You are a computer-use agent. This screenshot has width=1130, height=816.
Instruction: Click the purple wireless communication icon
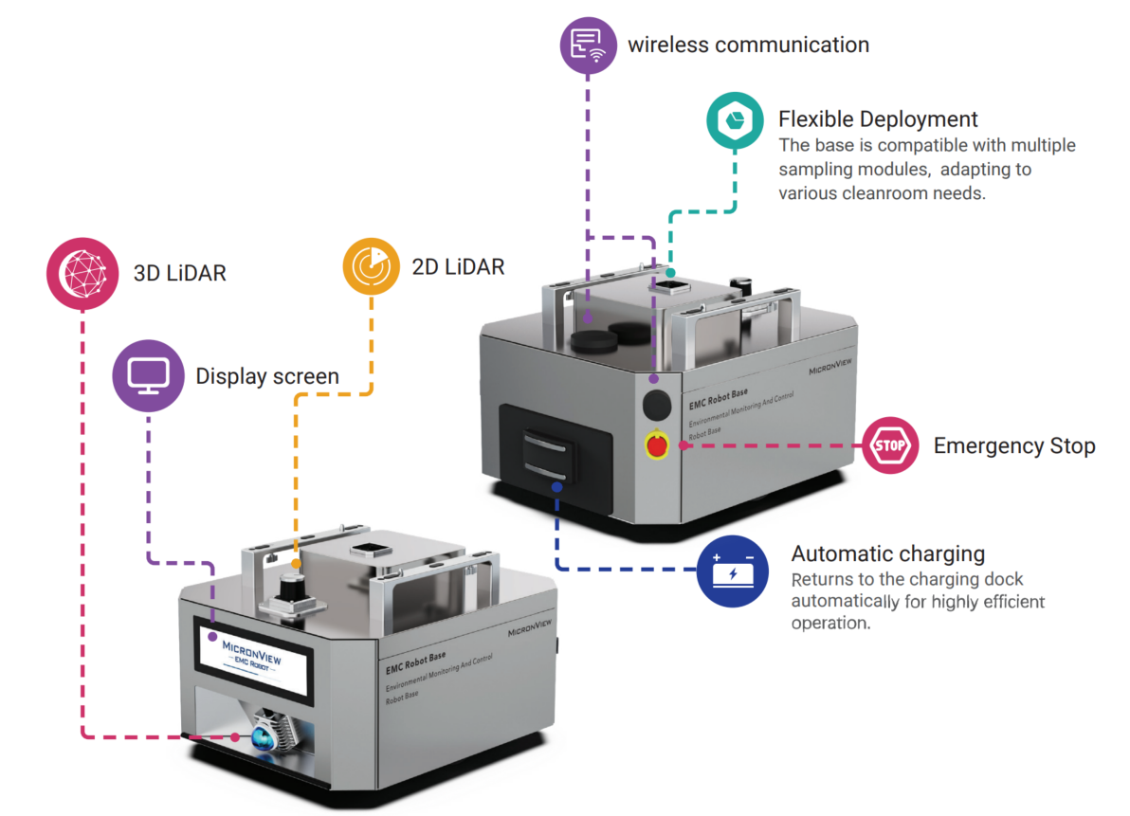(588, 45)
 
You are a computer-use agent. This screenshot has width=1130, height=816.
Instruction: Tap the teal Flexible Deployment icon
(735, 120)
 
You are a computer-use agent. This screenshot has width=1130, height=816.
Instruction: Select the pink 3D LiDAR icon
(82, 274)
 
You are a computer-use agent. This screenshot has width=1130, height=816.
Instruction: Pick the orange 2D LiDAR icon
(372, 266)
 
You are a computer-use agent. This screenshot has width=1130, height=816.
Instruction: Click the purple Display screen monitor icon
(149, 376)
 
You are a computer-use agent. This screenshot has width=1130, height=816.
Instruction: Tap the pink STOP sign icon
(890, 445)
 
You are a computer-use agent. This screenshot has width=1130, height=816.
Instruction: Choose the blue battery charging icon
(733, 571)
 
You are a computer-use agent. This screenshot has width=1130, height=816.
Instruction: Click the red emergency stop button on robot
(657, 445)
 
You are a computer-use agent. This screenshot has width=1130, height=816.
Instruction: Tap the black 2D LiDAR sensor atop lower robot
(292, 589)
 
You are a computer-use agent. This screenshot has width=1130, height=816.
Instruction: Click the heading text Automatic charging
(888, 553)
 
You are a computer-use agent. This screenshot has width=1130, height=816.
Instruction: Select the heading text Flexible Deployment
(878, 118)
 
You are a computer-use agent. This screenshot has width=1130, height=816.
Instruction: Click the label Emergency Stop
(1014, 445)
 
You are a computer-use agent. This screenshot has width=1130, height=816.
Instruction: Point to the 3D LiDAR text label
(179, 274)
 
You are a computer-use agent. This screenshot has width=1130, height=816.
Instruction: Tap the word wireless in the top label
(668, 45)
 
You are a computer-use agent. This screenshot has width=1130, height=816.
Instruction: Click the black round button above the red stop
(657, 404)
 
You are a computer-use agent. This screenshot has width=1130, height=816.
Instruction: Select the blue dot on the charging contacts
(556, 487)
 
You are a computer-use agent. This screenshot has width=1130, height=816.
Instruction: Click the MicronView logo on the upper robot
(829, 367)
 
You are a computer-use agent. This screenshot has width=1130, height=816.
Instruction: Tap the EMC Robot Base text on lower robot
(416, 663)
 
